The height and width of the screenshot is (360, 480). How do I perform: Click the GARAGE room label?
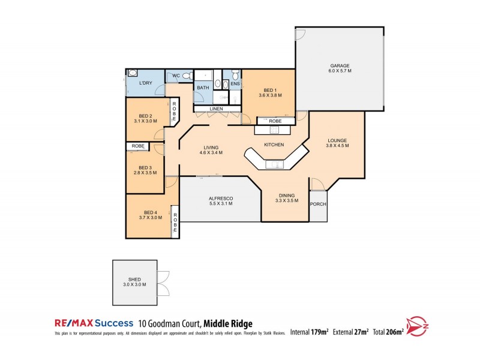tap(340, 68)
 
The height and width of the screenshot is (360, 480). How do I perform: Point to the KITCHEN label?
tap(274, 145)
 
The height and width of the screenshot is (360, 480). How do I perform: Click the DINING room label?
tap(286, 199)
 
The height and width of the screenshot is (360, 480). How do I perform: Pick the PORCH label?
tap(318, 204)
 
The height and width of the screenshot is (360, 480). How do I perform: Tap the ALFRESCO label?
tap(220, 201)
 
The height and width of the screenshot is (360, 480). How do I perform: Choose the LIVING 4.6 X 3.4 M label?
tap(211, 150)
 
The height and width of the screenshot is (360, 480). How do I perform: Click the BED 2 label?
tap(145, 118)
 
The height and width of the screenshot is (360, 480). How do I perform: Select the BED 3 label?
tap(145, 170)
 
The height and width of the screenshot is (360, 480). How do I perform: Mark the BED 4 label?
tap(150, 215)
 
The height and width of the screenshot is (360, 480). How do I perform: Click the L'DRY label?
tap(146, 83)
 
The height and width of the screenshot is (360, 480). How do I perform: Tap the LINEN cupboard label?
tap(217, 109)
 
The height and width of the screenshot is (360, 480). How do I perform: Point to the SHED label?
tap(134, 281)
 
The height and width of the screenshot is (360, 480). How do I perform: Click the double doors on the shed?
tap(162, 283)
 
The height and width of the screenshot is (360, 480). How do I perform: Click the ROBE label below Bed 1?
tap(275, 121)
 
